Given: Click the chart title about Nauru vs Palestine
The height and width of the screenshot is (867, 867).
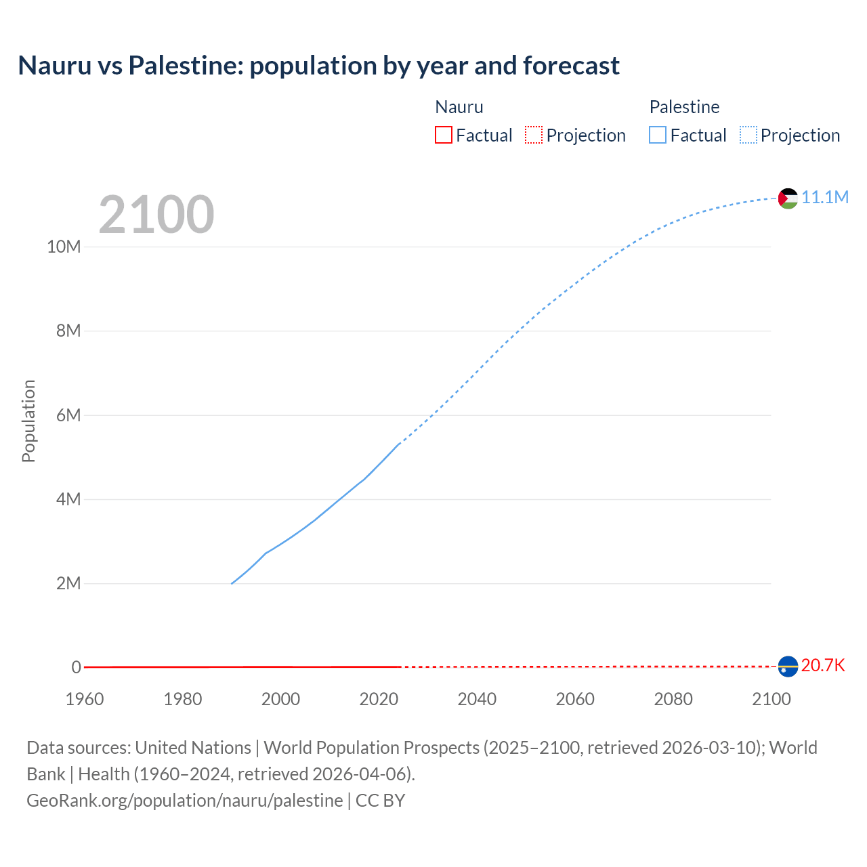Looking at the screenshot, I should [x=318, y=66].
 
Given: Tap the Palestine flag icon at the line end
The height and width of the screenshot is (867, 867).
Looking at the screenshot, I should [x=788, y=198].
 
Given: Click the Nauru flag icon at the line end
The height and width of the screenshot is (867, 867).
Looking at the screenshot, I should [x=788, y=667].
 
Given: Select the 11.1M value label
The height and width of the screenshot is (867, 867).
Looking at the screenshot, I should [x=825, y=197].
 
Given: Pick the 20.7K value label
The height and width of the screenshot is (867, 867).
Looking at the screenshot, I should [x=823, y=665].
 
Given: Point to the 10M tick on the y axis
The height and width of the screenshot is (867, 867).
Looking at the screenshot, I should [x=64, y=247].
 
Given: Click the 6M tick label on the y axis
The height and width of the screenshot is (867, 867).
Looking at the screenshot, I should [x=68, y=415].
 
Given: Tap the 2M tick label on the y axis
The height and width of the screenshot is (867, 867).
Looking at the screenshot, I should [x=68, y=583].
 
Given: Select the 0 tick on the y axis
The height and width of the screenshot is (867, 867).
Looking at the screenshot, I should [x=76, y=667].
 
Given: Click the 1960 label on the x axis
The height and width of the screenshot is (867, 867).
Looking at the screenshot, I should [x=85, y=699].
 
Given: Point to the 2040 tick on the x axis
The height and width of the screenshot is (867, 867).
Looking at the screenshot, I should [x=477, y=699].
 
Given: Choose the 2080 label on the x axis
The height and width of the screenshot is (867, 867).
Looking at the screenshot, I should [x=673, y=699].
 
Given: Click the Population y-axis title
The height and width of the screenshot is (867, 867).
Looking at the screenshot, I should [x=28, y=421].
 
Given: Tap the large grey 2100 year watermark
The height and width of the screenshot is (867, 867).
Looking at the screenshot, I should [x=156, y=215].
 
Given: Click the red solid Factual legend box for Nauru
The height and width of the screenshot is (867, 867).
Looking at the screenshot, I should [x=444, y=135].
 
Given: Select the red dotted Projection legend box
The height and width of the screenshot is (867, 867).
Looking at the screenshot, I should [x=534, y=135].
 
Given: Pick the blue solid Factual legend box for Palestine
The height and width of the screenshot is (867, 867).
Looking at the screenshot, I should [x=658, y=135].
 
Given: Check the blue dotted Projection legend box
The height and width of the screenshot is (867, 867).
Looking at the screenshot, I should [x=748, y=135].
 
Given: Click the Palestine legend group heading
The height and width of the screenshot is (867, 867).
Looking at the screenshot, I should [x=684, y=107].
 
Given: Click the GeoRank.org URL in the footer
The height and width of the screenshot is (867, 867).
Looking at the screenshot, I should [x=185, y=800].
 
